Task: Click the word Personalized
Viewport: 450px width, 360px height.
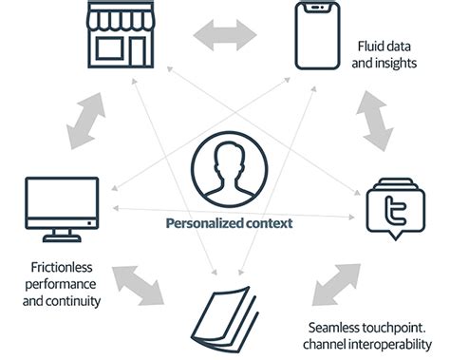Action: [198, 225]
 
